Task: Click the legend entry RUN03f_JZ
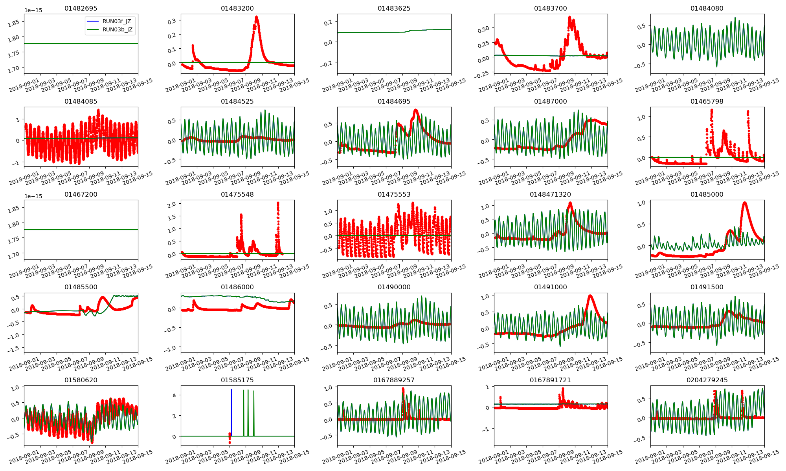[117, 21]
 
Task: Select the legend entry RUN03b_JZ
[117, 29]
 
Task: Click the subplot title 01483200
[237, 8]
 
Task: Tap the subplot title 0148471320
[550, 194]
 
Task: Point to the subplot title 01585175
[237, 380]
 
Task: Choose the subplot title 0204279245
[707, 380]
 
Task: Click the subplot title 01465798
[707, 101]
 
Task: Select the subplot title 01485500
[81, 287]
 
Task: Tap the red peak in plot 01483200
[257, 17]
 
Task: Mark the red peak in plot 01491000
[590, 296]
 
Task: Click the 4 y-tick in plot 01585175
[174, 395]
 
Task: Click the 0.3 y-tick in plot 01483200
[172, 21]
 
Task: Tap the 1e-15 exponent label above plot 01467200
[33, 196]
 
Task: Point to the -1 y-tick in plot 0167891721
[487, 429]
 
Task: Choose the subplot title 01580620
[81, 380]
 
